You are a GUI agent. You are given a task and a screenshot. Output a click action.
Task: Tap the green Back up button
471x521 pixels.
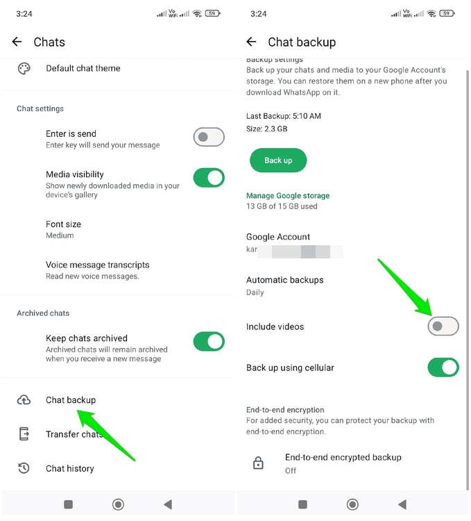pyautogui.click(x=278, y=160)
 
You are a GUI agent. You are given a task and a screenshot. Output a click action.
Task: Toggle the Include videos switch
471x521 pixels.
pyautogui.click(x=443, y=326)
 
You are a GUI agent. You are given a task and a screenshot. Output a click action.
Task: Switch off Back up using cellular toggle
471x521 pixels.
pyautogui.click(x=443, y=367)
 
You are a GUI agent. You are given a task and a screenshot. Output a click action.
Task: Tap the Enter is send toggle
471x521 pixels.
pyautogui.click(x=209, y=137)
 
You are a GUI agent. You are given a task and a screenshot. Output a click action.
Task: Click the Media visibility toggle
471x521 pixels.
pyautogui.click(x=209, y=178)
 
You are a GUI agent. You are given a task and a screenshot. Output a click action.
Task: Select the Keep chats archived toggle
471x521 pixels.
pyautogui.click(x=209, y=341)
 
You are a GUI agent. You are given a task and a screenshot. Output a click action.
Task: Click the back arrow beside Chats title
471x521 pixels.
pyautogui.click(x=17, y=42)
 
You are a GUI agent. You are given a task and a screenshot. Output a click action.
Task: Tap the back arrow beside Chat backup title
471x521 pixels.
pyautogui.click(x=251, y=42)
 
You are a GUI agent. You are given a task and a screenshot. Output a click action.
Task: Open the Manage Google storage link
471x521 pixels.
pyautogui.click(x=288, y=196)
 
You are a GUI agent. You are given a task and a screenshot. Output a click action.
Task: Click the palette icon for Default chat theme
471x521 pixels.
pyautogui.click(x=24, y=68)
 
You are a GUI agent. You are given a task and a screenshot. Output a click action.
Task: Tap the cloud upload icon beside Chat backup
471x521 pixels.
pyautogui.click(x=24, y=400)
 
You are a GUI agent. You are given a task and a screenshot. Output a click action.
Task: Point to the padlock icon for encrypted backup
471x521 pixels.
pyautogui.click(x=258, y=463)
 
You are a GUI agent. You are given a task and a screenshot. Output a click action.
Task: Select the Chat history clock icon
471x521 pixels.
pyautogui.click(x=24, y=468)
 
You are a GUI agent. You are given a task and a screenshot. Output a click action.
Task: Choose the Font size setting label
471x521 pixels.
pyautogui.click(x=63, y=224)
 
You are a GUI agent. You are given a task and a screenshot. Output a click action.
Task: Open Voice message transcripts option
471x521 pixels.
pyautogui.click(x=97, y=265)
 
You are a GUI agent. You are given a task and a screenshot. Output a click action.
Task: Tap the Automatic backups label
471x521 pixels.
pyautogui.click(x=284, y=280)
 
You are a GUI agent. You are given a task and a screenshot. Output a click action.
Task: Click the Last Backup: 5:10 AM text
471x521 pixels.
pyautogui.click(x=284, y=116)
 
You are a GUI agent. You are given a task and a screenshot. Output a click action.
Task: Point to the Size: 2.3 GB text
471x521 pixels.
pyautogui.click(x=266, y=129)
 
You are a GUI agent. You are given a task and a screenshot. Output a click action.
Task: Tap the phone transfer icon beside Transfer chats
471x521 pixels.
pyautogui.click(x=24, y=434)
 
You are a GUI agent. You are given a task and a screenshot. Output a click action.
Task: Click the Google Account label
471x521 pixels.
pyautogui.click(x=278, y=237)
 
